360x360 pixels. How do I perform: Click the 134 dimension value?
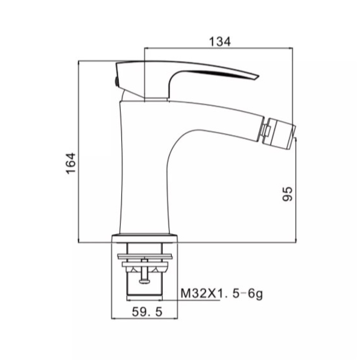(219, 42)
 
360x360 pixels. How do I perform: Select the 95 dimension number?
(287, 194)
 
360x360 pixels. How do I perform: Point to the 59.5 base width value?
(147, 311)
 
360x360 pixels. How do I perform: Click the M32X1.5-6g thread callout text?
(222, 294)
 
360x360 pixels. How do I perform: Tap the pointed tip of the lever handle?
(258, 77)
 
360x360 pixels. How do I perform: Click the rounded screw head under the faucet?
(144, 281)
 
